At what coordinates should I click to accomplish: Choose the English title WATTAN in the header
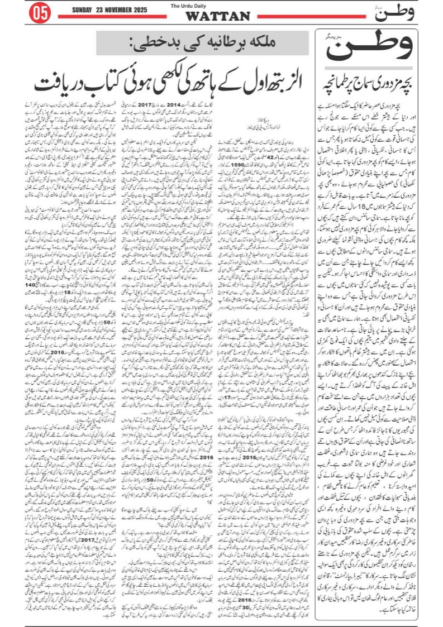(217, 16)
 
